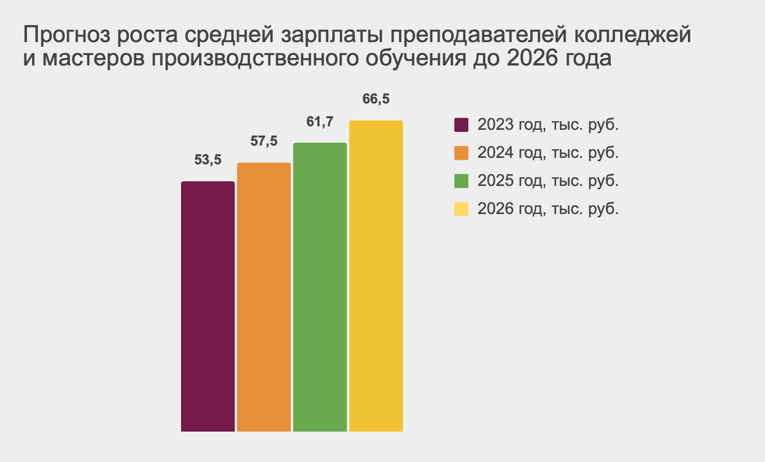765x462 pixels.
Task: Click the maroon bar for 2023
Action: coord(207,306)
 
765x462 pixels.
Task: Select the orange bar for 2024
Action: coord(263,297)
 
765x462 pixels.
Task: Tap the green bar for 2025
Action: coord(319,287)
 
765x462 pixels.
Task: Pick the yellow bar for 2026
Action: coord(375,276)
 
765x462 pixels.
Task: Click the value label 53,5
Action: coord(208,160)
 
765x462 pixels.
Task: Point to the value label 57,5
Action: coord(263,141)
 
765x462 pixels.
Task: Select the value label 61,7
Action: coord(319,122)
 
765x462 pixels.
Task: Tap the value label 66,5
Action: coord(375,99)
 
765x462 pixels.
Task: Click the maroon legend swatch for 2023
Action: coord(461,125)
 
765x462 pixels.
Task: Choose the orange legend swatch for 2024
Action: coord(461,153)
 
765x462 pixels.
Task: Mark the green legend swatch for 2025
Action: coord(461,181)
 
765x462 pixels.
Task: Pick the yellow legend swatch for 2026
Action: coord(461,209)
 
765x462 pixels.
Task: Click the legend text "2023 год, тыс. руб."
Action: coord(548,125)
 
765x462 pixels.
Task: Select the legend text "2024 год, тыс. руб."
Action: coord(548,153)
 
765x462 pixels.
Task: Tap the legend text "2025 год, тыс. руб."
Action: coord(548,181)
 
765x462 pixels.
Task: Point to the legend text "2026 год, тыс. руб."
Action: coord(548,209)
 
